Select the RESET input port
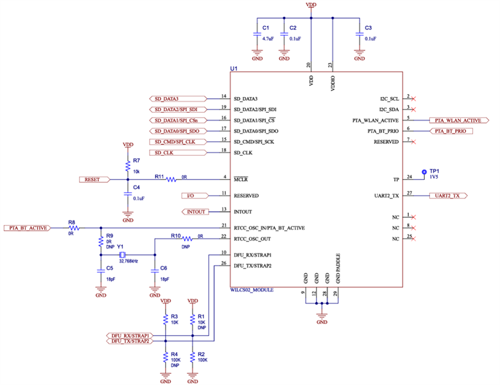[x=94, y=179]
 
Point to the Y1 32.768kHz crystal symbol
[x=122, y=255]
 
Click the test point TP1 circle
[x=424, y=173]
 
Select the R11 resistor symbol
[x=171, y=179]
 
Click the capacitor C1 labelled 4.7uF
[x=257, y=35]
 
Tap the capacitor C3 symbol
[x=359, y=35]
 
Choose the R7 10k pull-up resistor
[x=127, y=165]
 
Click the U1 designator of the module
[x=234, y=69]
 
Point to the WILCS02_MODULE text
[x=252, y=290]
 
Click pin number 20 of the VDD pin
[x=308, y=65]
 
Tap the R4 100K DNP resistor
[x=165, y=359]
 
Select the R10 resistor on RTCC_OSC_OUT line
[x=187, y=239]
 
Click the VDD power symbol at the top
[x=311, y=5]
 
